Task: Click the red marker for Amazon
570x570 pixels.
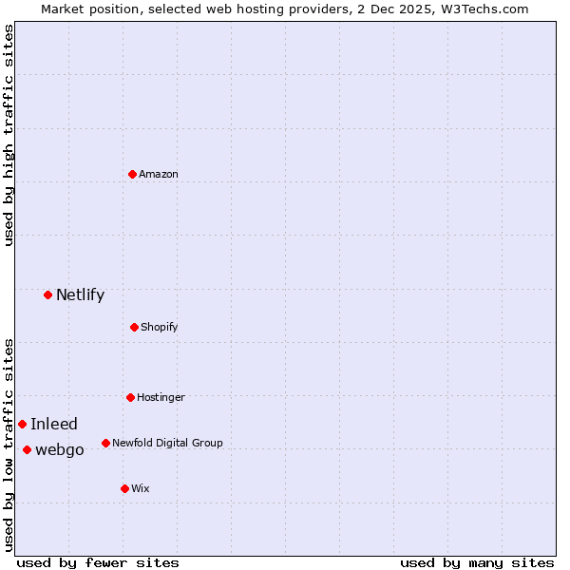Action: [x=132, y=174]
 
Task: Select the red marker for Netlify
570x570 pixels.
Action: [x=47, y=294]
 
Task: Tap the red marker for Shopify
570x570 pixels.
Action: [x=134, y=327]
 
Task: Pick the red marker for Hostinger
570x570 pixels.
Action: [x=130, y=397]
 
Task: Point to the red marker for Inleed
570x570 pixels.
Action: [x=22, y=424]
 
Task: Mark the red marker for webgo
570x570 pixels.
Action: [x=27, y=449]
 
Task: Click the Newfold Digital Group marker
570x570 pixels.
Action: [x=105, y=443]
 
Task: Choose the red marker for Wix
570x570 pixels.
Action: [x=124, y=488]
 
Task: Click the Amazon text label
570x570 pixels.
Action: [x=159, y=175]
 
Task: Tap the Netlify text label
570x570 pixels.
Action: [x=80, y=294]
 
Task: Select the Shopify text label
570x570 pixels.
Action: [x=160, y=328]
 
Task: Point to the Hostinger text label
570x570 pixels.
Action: [x=161, y=397]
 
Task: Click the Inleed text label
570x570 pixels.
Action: [x=54, y=425]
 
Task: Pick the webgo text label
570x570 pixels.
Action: [x=60, y=450]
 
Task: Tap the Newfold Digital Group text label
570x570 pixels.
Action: [x=167, y=443]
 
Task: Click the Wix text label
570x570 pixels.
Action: [x=141, y=489]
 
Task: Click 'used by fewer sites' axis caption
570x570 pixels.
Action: [x=98, y=562]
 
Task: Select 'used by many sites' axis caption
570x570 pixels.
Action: [x=477, y=562]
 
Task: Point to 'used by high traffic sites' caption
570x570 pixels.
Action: [x=9, y=135]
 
